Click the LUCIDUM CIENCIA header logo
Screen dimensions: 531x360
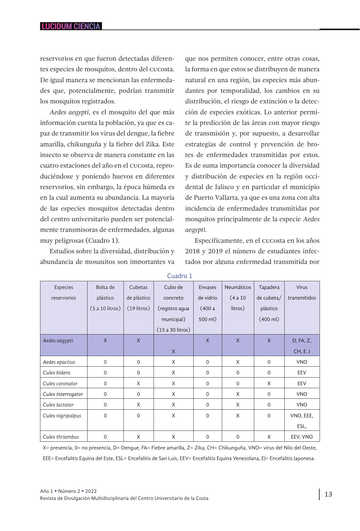71,26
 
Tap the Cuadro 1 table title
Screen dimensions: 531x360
180,276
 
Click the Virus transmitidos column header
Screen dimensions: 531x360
302,292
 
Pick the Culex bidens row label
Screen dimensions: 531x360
57,373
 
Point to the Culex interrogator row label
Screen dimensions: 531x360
63,394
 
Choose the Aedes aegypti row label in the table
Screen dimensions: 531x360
58,341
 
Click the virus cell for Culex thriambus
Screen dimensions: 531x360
302,437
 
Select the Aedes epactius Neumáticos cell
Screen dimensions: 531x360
238,362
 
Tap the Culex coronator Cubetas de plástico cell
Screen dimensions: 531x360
138,383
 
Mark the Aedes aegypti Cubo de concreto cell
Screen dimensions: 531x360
173,351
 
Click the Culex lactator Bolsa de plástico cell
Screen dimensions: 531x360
105,405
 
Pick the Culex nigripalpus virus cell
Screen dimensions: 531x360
302,421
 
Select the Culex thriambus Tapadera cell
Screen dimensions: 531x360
269,437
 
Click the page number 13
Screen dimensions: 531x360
328,494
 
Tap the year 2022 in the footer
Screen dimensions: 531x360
91,491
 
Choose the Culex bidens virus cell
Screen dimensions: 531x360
302,373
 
